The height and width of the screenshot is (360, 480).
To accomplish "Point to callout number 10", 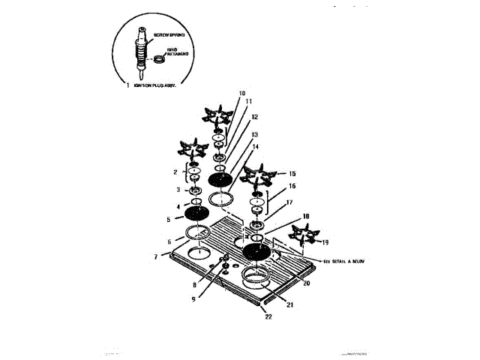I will [241, 94].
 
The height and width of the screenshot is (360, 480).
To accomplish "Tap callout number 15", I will [292, 172].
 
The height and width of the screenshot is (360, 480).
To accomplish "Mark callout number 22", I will [268, 316].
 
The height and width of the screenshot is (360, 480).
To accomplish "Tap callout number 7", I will [156, 256].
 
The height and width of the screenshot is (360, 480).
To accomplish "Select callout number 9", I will [194, 298].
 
